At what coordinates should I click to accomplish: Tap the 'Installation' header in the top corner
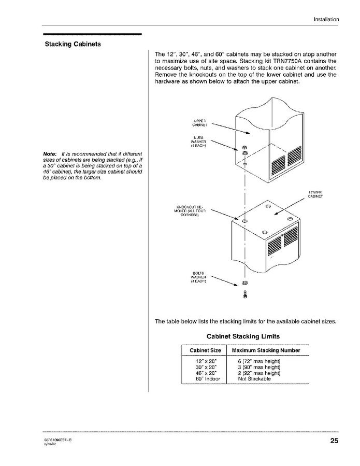pyautogui.click(x=326, y=19)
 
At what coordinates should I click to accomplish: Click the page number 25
pyautogui.click(x=333, y=441)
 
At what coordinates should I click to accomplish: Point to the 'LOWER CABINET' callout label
pyautogui.click(x=315, y=194)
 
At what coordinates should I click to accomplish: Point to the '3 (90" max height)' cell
pyautogui.click(x=259, y=366)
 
